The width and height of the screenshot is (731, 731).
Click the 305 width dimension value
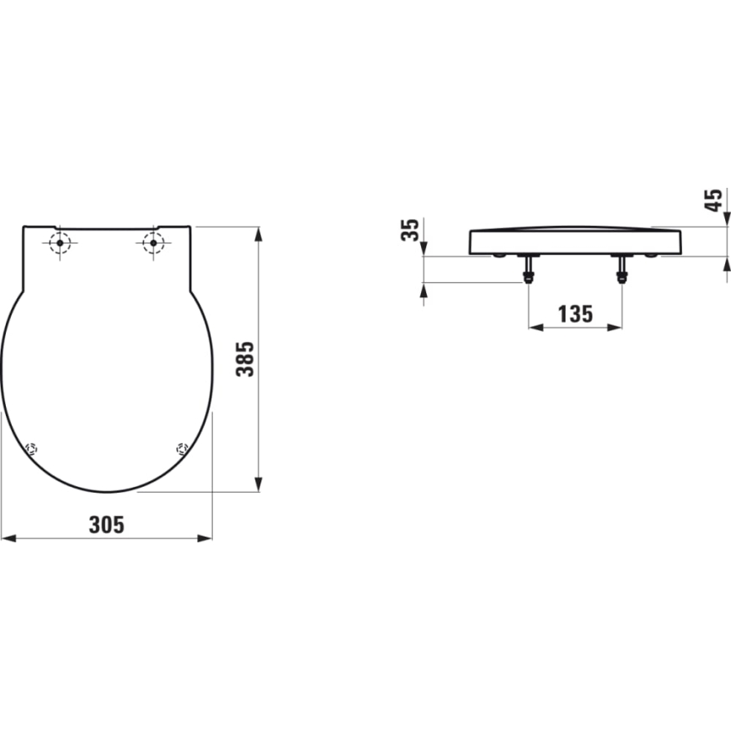coord(107,525)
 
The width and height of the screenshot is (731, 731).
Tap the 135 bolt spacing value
coord(575,314)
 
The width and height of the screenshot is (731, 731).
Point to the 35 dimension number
coord(410,229)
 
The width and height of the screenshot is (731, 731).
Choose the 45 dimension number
coord(713,200)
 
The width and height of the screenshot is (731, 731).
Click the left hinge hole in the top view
coord(60,243)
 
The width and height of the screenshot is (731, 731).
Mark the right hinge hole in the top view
coord(152,243)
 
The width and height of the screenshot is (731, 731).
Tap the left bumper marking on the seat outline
coord(32,448)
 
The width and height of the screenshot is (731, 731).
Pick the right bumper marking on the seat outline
coord(181,448)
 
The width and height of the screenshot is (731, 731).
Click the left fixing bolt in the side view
coord(528,269)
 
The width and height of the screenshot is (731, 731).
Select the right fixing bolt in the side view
coord(622,269)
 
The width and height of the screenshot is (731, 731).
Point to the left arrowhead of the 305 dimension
coord(7,537)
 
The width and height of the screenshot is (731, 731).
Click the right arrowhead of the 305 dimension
coord(206,537)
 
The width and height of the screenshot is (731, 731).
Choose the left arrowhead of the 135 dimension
coord(534,327)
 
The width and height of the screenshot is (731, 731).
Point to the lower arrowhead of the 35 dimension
coord(423,288)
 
